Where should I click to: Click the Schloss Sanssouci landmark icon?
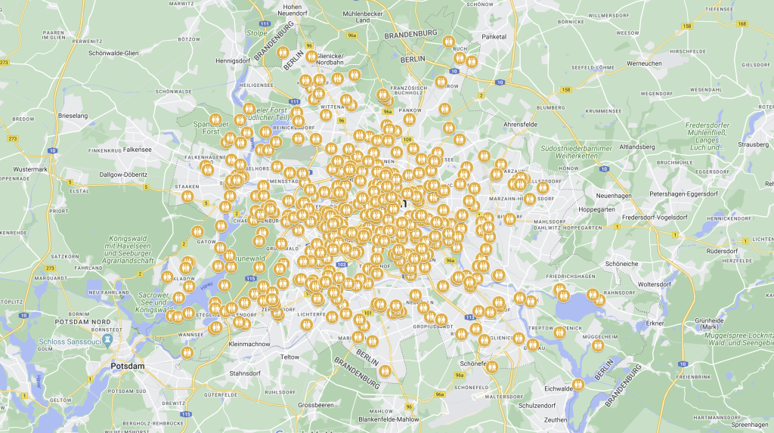[x=108, y=340]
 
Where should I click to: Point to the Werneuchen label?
[x=645, y=63]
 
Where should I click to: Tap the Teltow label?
[x=289, y=357]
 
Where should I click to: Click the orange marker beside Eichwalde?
[x=579, y=384]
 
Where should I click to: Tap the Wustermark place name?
[x=30, y=169]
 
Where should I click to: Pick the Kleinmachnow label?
[x=249, y=344]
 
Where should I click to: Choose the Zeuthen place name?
[x=556, y=419]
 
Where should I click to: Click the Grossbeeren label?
[x=317, y=405]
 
